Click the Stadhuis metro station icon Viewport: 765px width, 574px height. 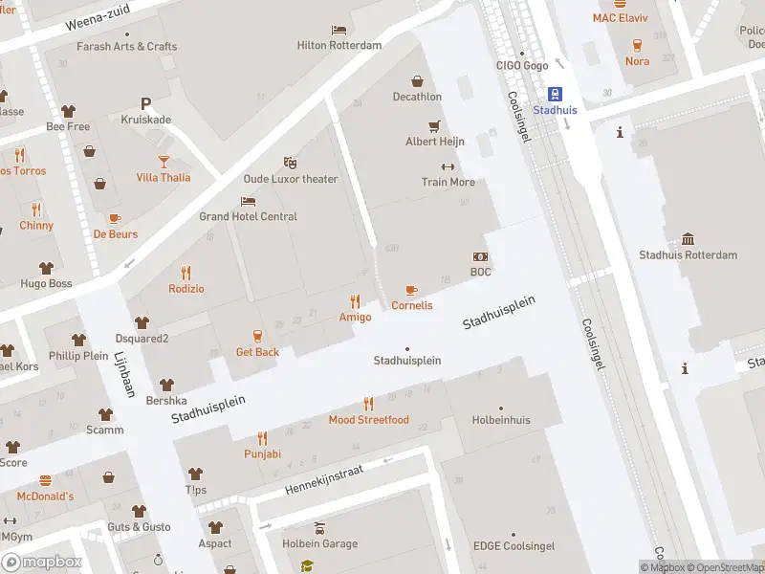[554, 93]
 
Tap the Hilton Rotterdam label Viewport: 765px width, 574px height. [339, 45]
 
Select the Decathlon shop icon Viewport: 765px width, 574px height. [417, 81]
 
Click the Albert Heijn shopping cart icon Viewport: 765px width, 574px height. [434, 125]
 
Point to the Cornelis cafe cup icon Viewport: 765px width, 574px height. [411, 290]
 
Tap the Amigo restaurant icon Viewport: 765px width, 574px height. [355, 300]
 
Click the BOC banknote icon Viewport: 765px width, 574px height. [480, 256]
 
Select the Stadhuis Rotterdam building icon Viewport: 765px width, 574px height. [688, 239]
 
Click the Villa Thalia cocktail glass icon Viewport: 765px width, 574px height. [163, 161]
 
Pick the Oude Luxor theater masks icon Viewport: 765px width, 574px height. [290, 163]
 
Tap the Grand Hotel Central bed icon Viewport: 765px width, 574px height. [248, 201]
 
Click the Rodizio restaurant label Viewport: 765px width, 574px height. [186, 289]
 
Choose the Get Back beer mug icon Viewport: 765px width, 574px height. [257, 335]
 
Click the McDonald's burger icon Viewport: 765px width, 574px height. [44, 480]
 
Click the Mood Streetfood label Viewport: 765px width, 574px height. [368, 420]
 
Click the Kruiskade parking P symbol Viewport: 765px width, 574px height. [145, 103]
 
